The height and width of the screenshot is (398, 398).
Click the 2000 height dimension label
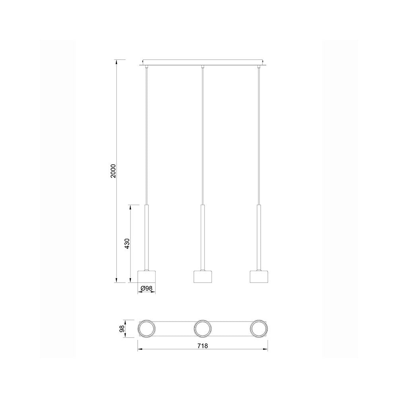pos(113,171)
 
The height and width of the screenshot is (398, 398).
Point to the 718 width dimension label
pos(203,346)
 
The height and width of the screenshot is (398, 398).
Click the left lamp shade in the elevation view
pos(146,276)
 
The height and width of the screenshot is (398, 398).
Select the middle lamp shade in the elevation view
pos(203,276)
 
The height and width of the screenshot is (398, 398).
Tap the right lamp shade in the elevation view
pos(259,276)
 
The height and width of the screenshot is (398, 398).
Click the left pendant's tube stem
pos(146,237)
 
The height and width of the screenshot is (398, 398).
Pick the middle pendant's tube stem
pos(203,237)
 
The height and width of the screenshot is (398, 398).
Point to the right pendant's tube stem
pos(259,237)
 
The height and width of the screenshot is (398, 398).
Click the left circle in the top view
pos(146,329)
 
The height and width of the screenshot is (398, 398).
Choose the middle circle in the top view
pos(203,329)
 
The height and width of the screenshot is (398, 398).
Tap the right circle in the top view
pos(259,329)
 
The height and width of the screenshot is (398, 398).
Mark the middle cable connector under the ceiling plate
pos(203,66)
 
